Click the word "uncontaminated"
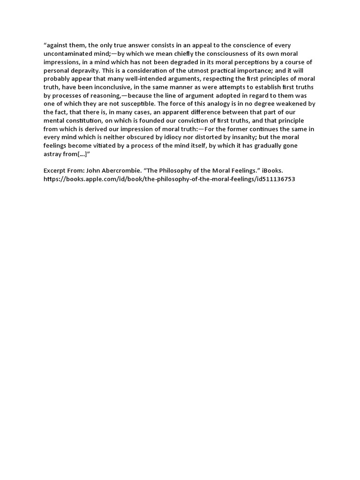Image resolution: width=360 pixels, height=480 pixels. [66, 54]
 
